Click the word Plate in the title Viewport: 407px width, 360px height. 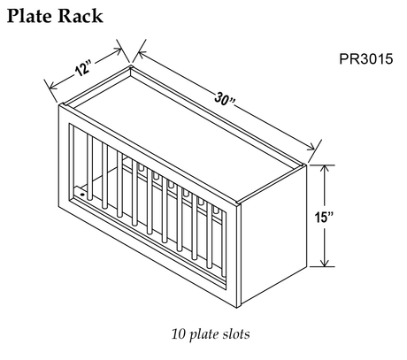29,16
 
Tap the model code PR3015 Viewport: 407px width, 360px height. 366,58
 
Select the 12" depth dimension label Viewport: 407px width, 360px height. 83,68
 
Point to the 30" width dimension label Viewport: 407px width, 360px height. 225,99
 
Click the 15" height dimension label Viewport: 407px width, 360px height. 324,217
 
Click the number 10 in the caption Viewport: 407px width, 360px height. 179,334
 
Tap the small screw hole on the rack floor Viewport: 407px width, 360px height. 82,195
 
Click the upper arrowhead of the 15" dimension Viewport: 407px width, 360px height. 325,169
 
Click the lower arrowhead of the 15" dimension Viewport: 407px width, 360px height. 325,263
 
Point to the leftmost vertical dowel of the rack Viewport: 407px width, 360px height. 89,167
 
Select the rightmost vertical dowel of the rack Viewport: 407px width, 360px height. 224,244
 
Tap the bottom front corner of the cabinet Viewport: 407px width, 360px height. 237,307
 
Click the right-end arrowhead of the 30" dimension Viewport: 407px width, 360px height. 312,148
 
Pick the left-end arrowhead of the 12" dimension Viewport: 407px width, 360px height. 52,86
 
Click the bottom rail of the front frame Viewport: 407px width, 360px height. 148,249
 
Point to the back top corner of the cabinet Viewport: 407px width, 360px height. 130,66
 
